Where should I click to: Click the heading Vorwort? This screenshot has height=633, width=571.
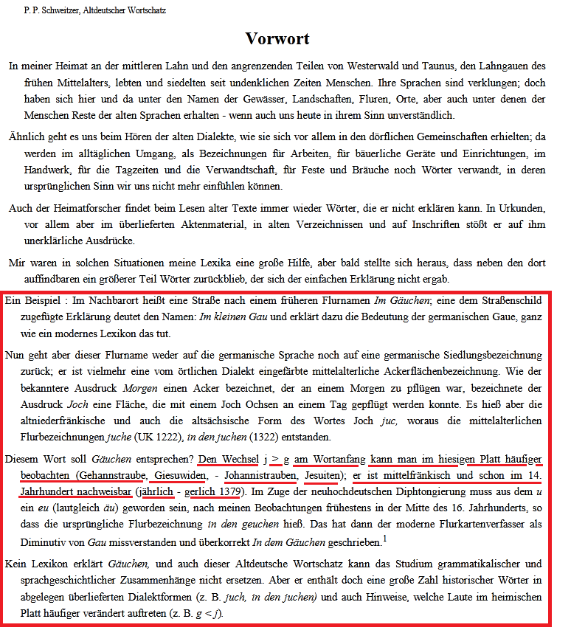pyautogui.click(x=277, y=38)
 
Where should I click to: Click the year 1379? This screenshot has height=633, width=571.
pyautogui.click(x=226, y=492)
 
